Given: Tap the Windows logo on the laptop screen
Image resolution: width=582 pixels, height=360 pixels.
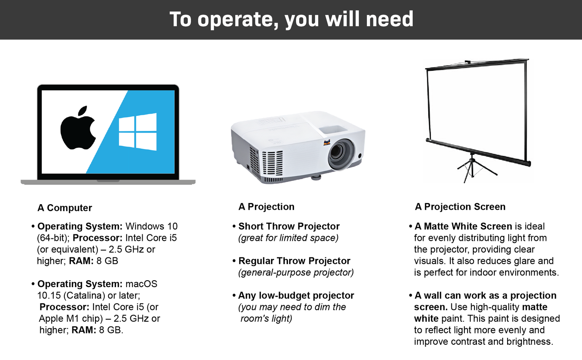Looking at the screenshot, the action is pyautogui.click(x=138, y=132).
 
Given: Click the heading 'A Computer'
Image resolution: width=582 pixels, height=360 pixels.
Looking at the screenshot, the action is pyautogui.click(x=65, y=208).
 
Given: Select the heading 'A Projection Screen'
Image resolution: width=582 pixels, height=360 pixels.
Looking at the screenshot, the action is pyautogui.click(x=460, y=207).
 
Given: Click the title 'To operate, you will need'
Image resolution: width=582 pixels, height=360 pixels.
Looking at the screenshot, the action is pyautogui.click(x=291, y=19).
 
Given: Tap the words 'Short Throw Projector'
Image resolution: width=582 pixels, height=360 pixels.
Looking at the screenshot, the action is pyautogui.click(x=289, y=226).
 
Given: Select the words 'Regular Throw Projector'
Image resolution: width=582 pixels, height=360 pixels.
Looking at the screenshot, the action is pyautogui.click(x=294, y=261).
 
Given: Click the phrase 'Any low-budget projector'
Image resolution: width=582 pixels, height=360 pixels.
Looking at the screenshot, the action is pyautogui.click(x=296, y=295).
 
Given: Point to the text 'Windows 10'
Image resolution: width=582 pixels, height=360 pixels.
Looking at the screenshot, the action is pyautogui.click(x=151, y=226).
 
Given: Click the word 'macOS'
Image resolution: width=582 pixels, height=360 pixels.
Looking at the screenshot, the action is pyautogui.click(x=141, y=284).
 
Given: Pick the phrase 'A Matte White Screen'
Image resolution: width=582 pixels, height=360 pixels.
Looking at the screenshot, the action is pyautogui.click(x=463, y=226).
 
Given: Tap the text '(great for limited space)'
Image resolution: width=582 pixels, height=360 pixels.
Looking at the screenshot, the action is pyautogui.click(x=288, y=238).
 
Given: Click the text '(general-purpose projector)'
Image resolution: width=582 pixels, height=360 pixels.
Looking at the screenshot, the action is pyautogui.click(x=296, y=273).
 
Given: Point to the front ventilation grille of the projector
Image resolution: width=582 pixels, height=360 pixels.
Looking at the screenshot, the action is pyautogui.click(x=272, y=163).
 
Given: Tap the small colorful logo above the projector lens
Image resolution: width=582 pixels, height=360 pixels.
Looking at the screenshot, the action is pyautogui.click(x=327, y=142).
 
